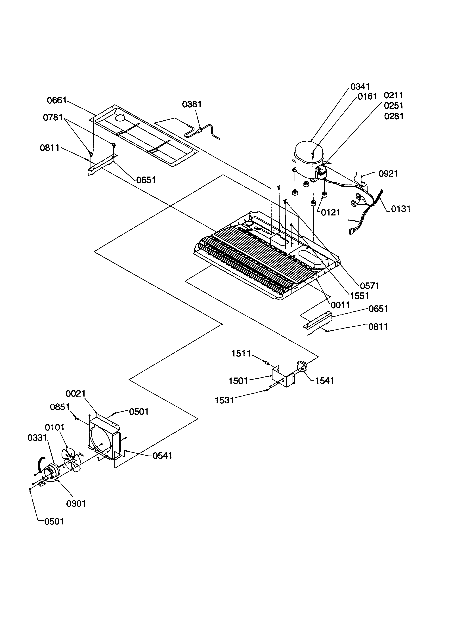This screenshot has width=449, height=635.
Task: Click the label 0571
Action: coord(369,286)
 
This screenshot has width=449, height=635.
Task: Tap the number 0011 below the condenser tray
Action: coord(340,305)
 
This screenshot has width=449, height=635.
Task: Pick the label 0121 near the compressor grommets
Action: coord(330,213)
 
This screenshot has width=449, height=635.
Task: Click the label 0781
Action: coord(53,118)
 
